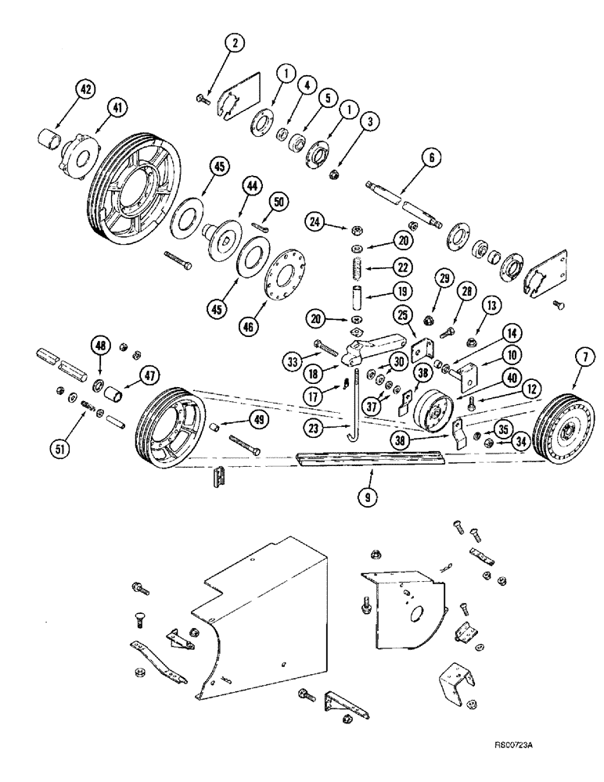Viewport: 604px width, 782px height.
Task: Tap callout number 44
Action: pos(250,185)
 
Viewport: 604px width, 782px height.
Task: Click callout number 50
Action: pos(280,202)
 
